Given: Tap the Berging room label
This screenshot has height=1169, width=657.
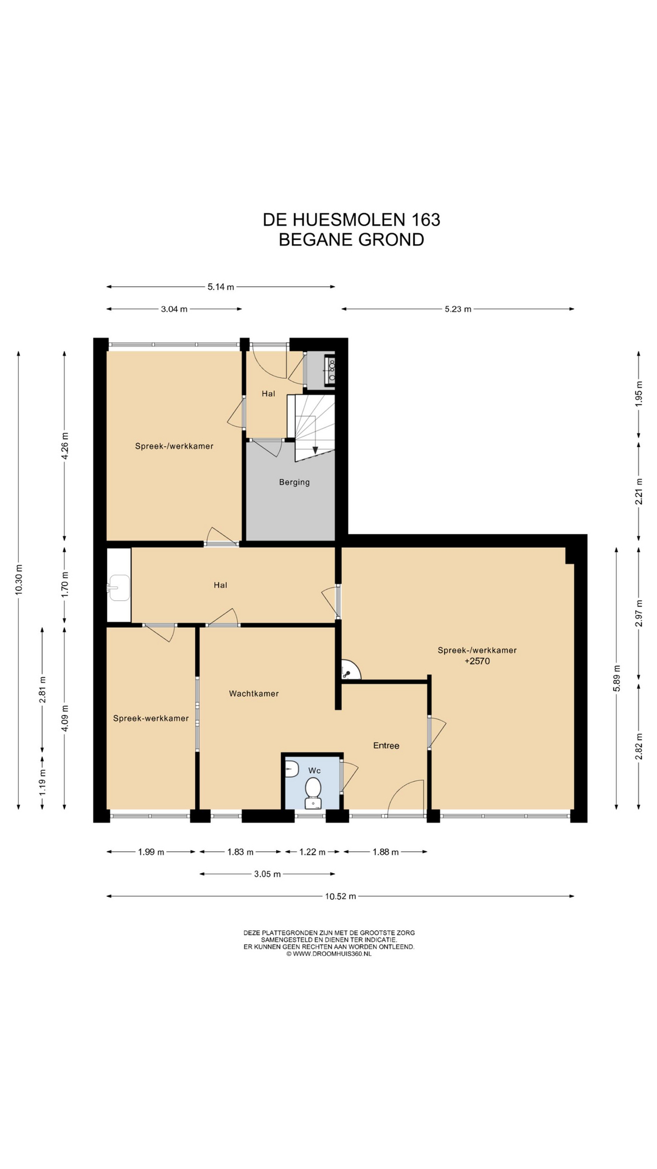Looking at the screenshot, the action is coord(294,482).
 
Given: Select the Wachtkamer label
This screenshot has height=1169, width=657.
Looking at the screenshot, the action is coord(254,693).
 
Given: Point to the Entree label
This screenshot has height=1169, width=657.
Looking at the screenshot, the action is coord(386,745).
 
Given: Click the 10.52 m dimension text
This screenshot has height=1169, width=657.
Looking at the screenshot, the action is coord(341,896).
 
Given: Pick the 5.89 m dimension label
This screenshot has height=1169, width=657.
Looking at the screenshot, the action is coord(616,678).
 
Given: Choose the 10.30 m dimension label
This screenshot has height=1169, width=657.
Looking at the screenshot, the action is coord(18,581).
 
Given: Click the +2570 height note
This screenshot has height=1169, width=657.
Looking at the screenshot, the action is coord(477,661).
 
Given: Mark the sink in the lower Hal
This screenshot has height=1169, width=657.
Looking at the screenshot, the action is coord(119,588).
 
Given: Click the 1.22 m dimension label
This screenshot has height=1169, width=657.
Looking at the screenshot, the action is coord(313,852).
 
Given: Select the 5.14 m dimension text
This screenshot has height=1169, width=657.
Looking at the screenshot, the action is coord(221,287).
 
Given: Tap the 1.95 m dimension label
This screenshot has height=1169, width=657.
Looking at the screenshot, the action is coord(639,393).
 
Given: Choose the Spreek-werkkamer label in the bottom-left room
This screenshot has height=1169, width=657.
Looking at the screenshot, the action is coord(151,718).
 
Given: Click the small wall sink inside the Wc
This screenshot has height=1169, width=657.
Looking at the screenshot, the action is coord(292,769).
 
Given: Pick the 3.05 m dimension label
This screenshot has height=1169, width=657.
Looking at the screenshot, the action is coord(268,874).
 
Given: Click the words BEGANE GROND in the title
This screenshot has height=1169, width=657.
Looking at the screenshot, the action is coord(352,239).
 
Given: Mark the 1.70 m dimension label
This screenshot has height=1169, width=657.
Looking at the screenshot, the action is coord(65,583).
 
